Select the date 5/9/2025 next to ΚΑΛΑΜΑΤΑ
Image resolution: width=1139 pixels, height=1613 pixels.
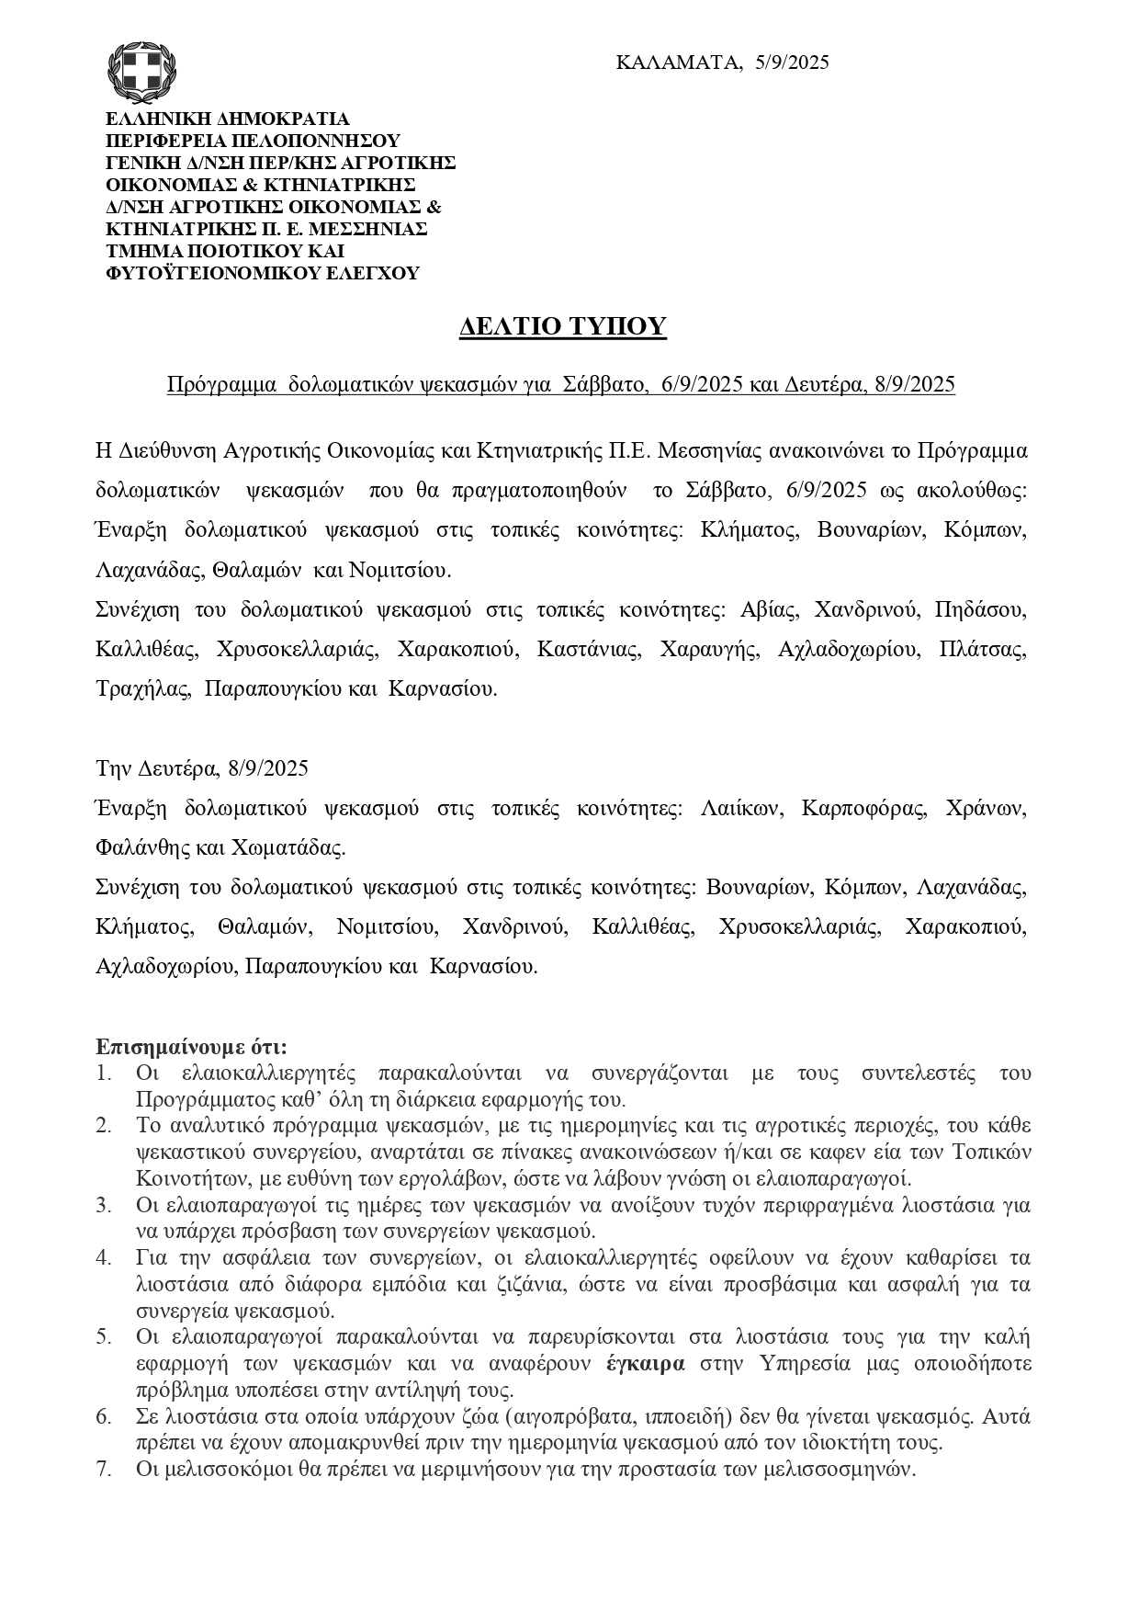(x=792, y=62)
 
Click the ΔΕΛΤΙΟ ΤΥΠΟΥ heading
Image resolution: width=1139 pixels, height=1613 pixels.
(x=562, y=326)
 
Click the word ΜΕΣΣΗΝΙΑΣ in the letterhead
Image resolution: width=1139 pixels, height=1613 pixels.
(x=372, y=229)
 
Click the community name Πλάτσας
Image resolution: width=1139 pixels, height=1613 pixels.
(x=983, y=649)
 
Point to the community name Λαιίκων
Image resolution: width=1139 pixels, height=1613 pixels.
(x=740, y=808)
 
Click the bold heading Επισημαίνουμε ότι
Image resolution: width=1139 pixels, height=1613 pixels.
(x=192, y=1047)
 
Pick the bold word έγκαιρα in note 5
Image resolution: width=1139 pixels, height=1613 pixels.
(x=645, y=1363)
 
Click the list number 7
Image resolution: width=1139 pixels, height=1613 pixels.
(x=103, y=1469)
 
